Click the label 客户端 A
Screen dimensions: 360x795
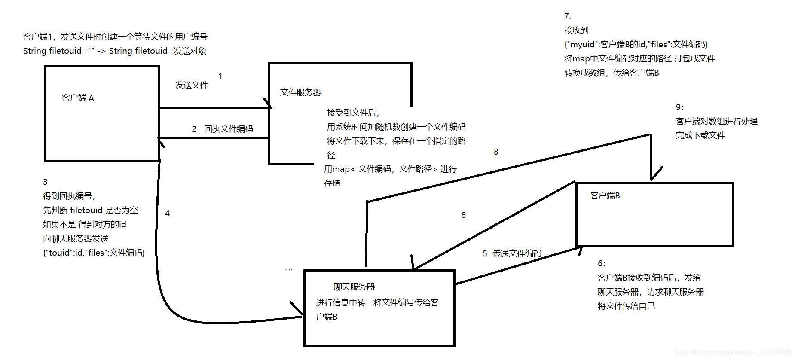(78, 98)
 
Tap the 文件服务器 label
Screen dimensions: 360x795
(300, 92)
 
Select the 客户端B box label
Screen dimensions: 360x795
(605, 196)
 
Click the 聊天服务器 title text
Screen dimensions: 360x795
(354, 287)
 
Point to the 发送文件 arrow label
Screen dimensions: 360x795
(191, 85)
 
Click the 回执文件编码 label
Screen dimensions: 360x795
(228, 129)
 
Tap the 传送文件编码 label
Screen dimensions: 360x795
(517, 253)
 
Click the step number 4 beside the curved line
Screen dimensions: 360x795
(167, 213)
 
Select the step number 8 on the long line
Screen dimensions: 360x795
(496, 152)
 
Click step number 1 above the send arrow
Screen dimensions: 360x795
(220, 76)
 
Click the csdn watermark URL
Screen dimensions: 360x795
(732, 352)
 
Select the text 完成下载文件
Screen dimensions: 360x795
(700, 135)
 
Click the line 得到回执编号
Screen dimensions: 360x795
(69, 196)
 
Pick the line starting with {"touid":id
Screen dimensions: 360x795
(94, 253)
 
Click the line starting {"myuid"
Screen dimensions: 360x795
(636, 44)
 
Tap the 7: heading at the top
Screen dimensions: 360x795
(567, 16)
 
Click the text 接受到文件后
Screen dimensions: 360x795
(353, 113)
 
